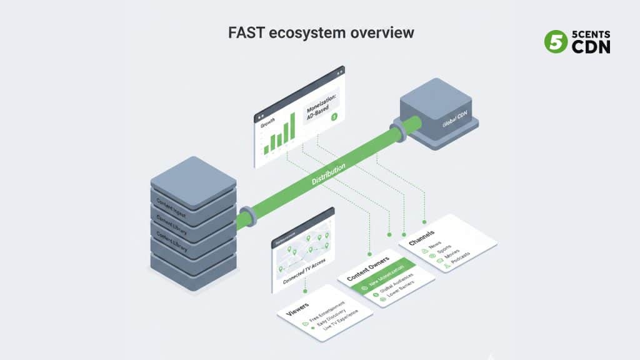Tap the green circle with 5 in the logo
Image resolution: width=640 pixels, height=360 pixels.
pyautogui.click(x=554, y=42)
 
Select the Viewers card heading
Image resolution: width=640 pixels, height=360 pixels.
pyautogui.click(x=297, y=309)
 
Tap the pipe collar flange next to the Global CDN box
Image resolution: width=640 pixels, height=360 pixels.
pyautogui.click(x=396, y=132)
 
